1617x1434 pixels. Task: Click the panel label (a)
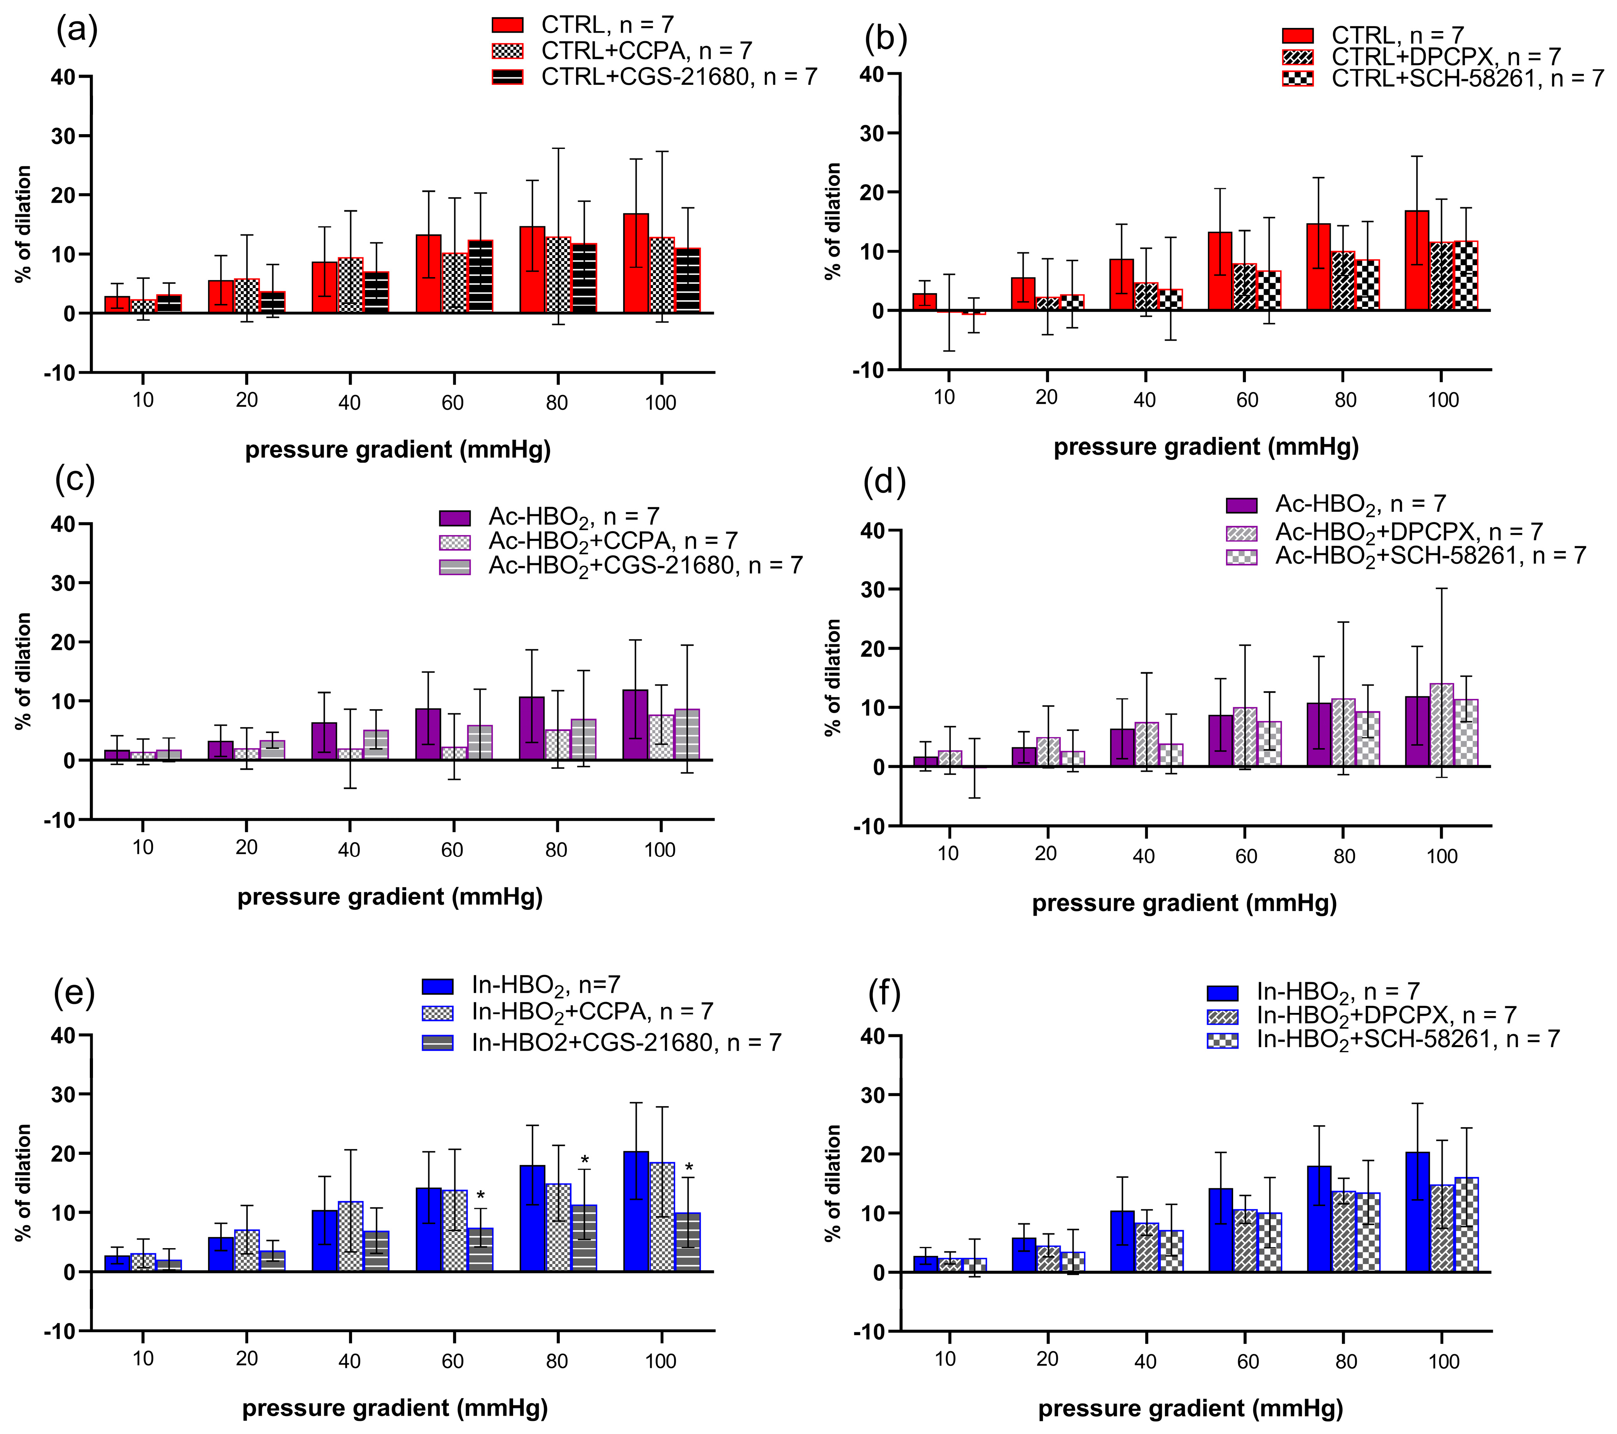pyautogui.click(x=77, y=30)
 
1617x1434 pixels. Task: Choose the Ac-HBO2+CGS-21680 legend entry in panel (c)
pyautogui.click(x=621, y=566)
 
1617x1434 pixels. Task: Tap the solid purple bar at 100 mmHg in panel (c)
pyautogui.click(x=635, y=725)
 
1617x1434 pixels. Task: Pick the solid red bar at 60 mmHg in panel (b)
pyautogui.click(x=1220, y=271)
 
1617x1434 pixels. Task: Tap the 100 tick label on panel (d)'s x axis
pyautogui.click(x=1442, y=856)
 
